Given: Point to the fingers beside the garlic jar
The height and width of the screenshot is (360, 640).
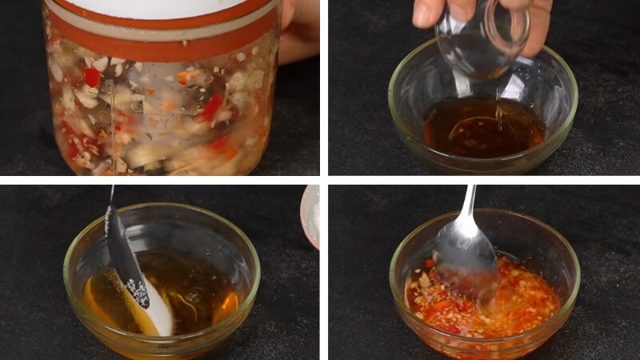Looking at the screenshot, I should click(298, 32).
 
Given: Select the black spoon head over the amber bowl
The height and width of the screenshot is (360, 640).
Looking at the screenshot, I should click(126, 256).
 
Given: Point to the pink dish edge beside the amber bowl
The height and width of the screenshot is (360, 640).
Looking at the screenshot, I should click(310, 216).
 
